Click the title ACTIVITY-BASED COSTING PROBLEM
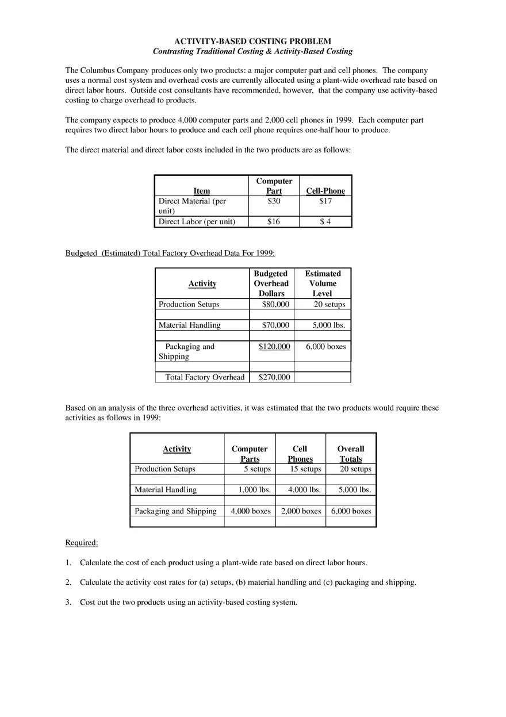252,41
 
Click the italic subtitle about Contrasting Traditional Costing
252,51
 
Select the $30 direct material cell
274,201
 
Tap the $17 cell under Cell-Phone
325,201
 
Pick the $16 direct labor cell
274,221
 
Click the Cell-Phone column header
325,191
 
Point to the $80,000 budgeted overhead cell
275,304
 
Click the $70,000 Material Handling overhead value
275,325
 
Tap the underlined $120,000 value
274,346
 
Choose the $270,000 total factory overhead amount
274,377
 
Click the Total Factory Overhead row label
205,377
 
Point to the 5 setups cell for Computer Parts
257,469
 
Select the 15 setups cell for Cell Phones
305,469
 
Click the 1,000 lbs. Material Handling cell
255,490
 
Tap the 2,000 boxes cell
301,511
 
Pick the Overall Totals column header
351,454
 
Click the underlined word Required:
82,542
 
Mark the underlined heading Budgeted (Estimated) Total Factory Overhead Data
170,253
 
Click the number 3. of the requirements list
68,602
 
